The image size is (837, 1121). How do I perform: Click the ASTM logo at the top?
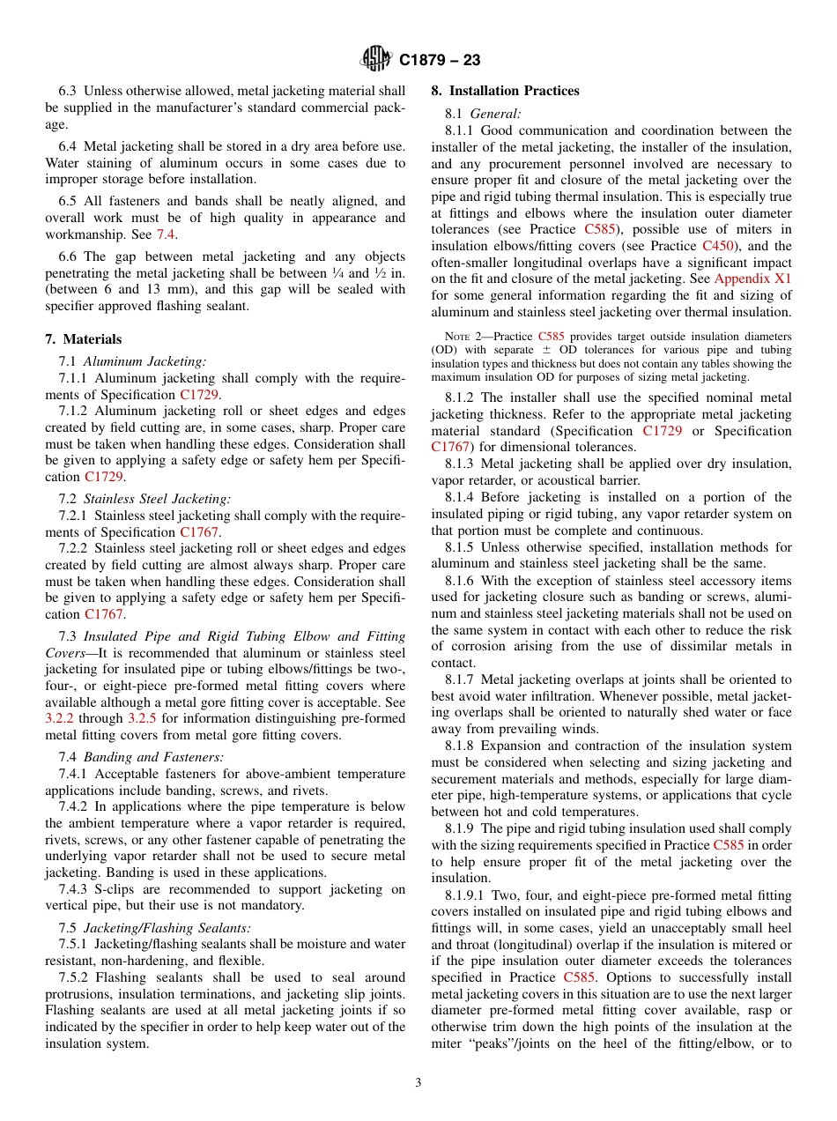click(376, 60)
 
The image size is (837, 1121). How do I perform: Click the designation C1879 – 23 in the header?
click(439, 61)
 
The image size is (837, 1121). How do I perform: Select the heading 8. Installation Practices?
click(505, 91)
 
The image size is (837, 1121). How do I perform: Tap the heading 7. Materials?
click(84, 339)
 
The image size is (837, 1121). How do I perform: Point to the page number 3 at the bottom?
click(418, 1082)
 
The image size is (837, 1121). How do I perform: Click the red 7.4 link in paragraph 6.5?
click(166, 234)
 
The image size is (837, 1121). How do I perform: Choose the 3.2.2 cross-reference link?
click(60, 718)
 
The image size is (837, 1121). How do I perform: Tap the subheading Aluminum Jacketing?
click(144, 361)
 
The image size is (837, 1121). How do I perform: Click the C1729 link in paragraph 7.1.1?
click(199, 395)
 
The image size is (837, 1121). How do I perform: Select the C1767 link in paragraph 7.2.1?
click(199, 532)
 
